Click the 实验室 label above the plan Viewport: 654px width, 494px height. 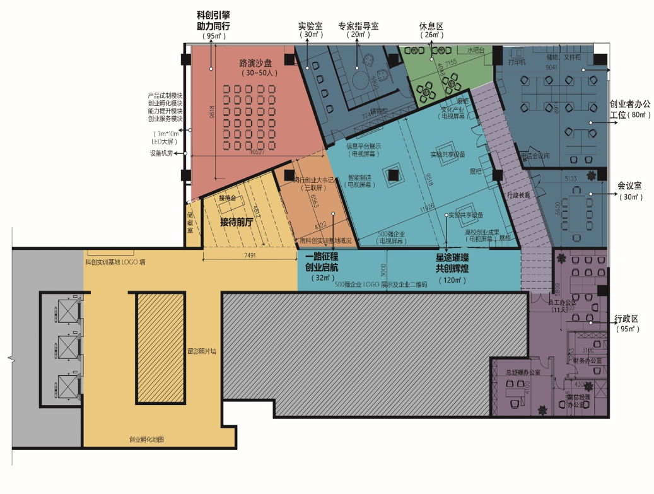[310, 27]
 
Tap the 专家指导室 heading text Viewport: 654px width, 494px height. [358, 27]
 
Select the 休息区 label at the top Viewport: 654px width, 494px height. [432, 27]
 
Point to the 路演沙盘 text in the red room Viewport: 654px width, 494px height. [255, 64]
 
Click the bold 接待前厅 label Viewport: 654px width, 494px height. [236, 222]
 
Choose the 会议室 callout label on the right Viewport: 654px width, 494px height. [629, 186]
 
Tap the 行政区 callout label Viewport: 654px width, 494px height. [626, 319]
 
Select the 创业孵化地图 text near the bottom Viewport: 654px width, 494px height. [147, 440]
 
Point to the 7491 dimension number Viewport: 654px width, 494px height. [250, 256]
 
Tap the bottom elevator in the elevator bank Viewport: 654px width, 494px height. [67, 385]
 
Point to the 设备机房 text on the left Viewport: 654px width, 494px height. [161, 153]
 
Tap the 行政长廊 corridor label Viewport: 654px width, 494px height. [519, 194]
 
